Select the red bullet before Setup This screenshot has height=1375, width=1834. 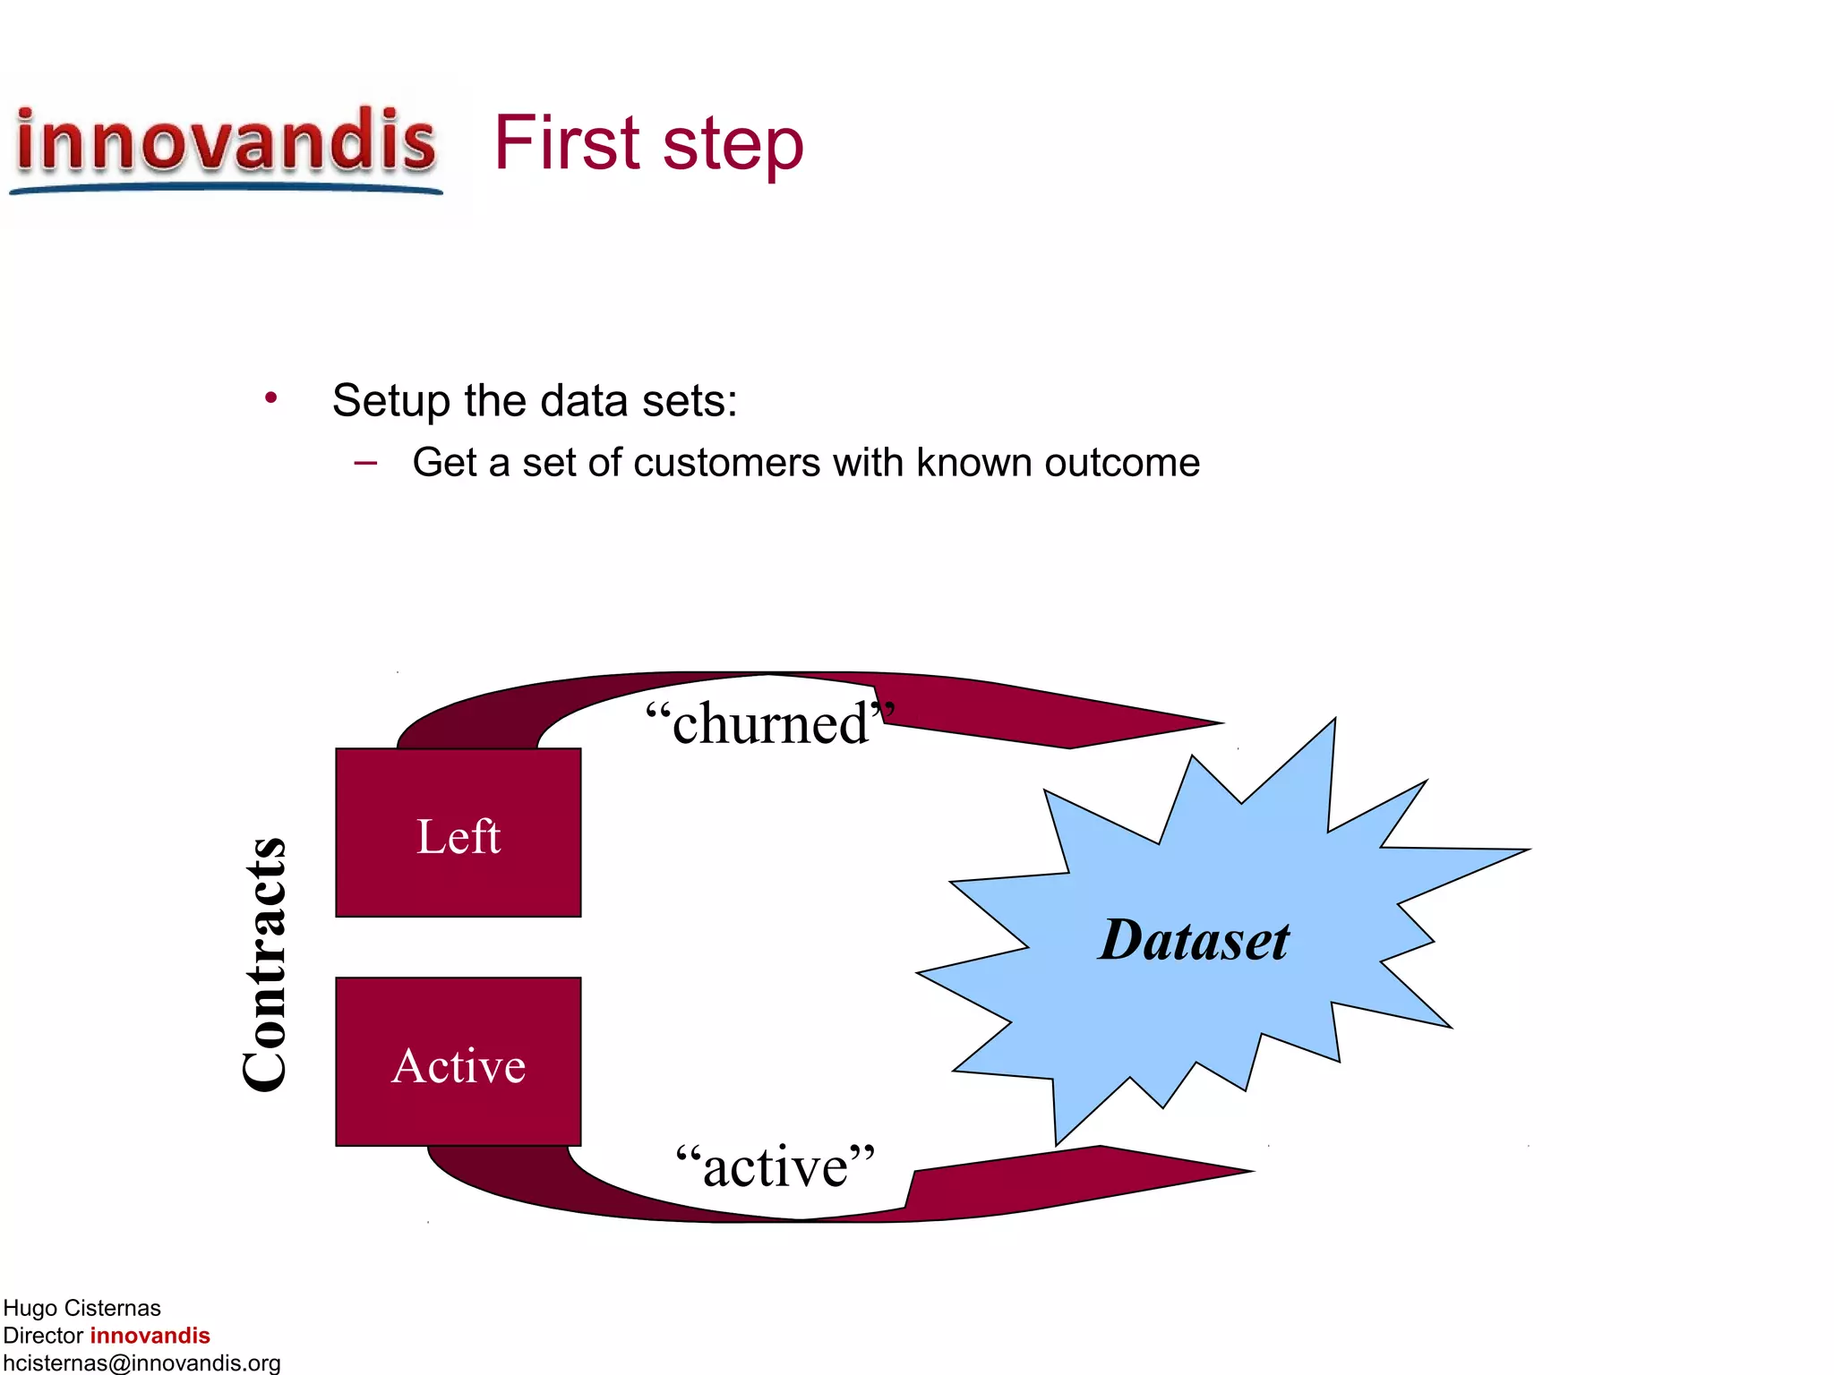click(x=270, y=397)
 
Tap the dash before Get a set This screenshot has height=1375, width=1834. click(x=365, y=463)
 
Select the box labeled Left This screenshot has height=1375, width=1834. click(x=458, y=833)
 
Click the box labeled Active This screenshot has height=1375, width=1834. click(x=458, y=1063)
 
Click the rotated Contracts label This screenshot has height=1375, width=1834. click(x=264, y=965)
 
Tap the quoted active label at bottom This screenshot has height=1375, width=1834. click(x=775, y=1166)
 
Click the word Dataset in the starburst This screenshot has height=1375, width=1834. click(x=1194, y=941)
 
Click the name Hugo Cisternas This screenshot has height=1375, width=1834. click(x=81, y=1308)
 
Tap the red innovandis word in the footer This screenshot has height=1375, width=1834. click(x=150, y=1336)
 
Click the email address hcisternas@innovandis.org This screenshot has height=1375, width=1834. click(x=141, y=1362)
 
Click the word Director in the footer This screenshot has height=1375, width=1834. click(x=43, y=1336)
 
